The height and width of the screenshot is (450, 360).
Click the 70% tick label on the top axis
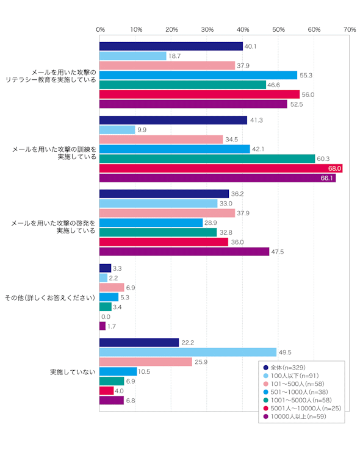point(350,29)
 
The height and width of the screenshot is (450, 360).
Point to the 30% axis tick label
point(207,29)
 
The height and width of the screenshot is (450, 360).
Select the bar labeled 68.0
point(221,168)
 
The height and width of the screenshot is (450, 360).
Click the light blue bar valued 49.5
point(188,352)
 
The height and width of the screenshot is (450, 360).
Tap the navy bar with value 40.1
point(171,46)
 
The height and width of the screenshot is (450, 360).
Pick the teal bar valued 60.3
point(207,159)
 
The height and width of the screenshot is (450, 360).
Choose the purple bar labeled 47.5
point(184,252)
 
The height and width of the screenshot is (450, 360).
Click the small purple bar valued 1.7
point(103,326)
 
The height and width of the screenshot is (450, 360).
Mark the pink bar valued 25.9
point(146,362)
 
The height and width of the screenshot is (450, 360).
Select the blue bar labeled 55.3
point(198,75)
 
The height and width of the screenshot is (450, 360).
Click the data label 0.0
point(106,316)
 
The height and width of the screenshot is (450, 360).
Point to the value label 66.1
point(326,178)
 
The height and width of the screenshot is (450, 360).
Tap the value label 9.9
point(142,130)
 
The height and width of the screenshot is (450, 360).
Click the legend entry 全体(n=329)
point(284,367)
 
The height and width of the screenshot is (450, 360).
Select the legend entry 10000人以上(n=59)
point(295,416)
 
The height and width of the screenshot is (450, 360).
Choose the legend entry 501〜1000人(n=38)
point(295,391)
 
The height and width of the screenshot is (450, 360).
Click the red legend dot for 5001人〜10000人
point(265,408)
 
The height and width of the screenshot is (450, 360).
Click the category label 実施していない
point(73,372)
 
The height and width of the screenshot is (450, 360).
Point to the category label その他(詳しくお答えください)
point(49,298)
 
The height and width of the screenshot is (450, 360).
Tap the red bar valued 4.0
point(107,391)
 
